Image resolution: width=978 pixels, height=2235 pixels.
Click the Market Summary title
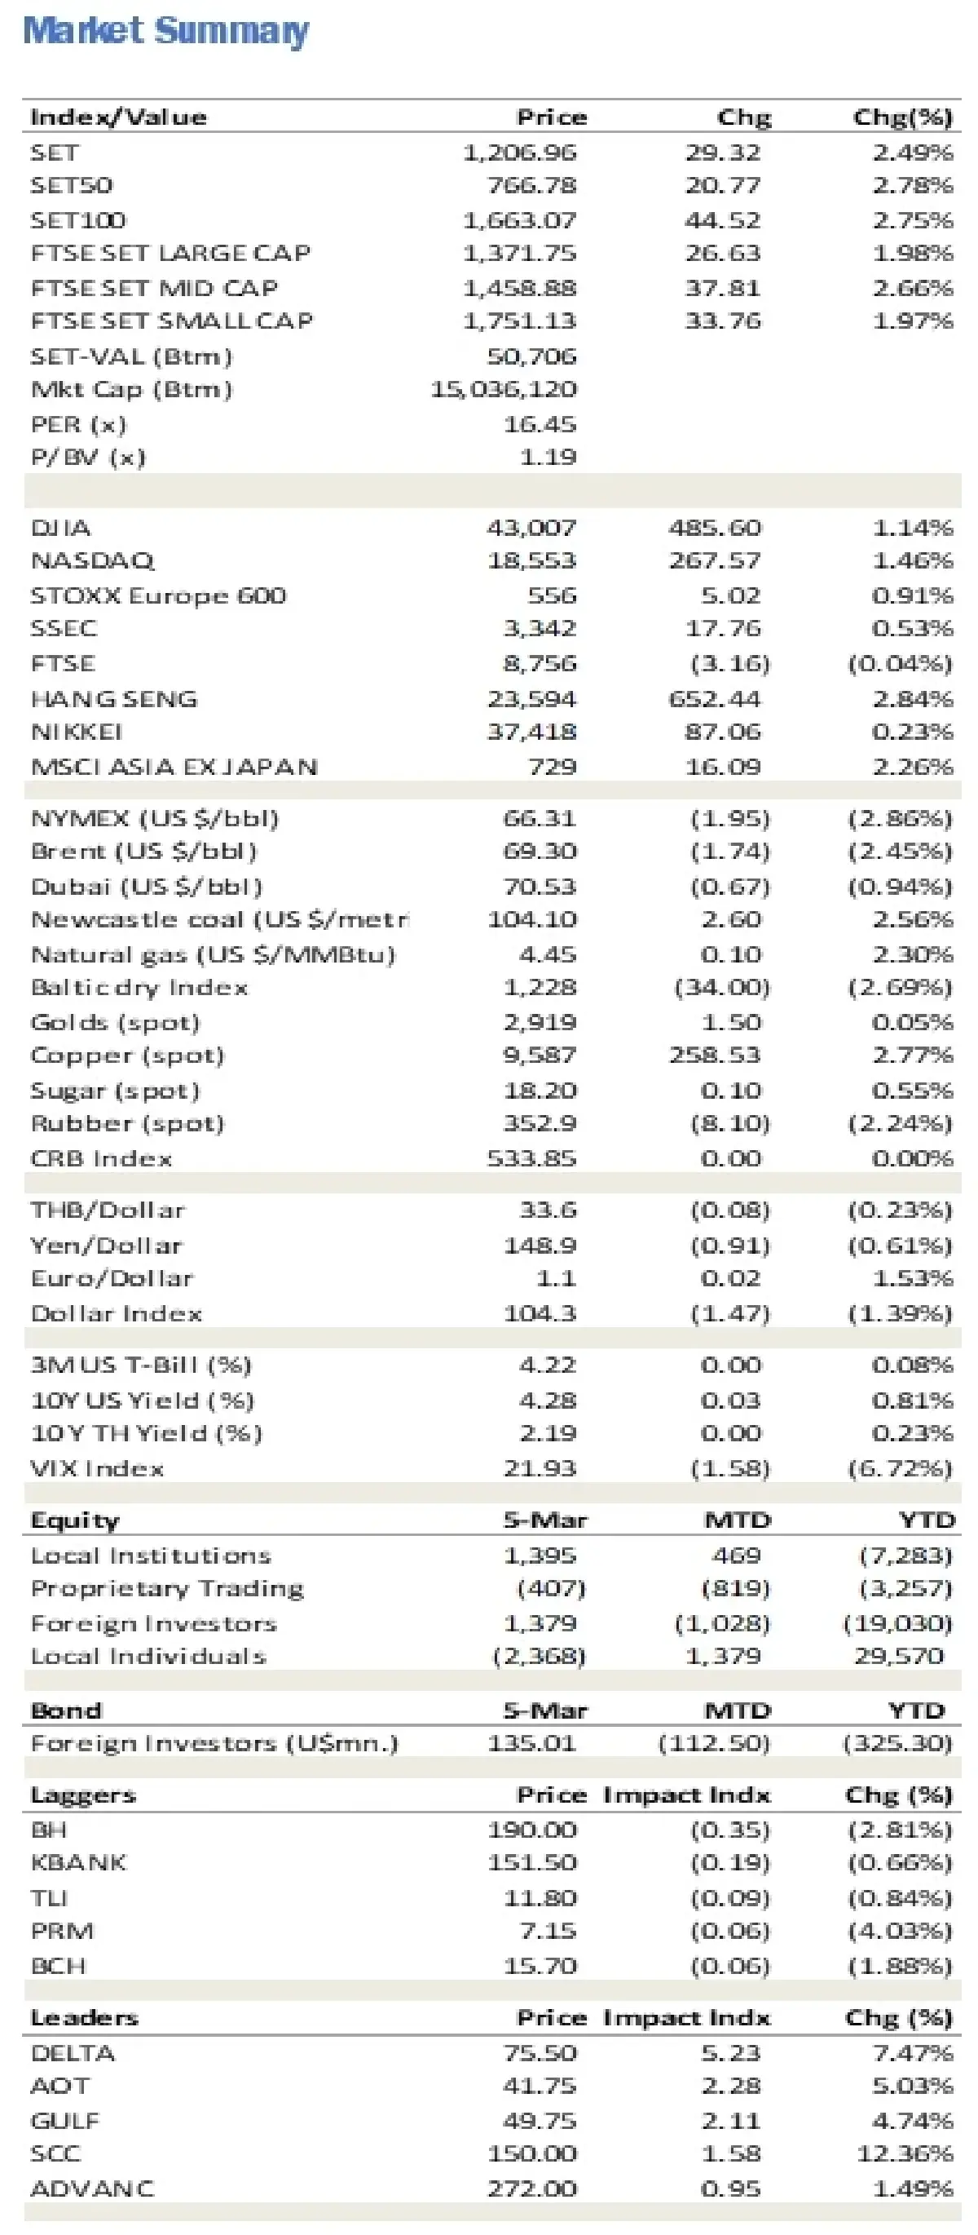pos(165,30)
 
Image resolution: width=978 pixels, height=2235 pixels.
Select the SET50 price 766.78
pos(531,186)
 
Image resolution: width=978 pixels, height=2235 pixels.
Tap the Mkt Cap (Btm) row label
pos(131,390)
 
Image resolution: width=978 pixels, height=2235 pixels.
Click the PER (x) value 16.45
pos(540,424)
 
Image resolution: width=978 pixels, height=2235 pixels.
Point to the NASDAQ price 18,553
pos(531,561)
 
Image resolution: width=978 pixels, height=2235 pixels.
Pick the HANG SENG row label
pos(113,699)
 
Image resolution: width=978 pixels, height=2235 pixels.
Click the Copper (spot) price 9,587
pos(540,1056)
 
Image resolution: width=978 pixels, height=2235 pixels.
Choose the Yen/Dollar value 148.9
pos(540,1246)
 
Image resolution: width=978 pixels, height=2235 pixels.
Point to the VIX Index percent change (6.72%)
pos(900,1469)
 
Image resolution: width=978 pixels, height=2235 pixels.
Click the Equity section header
pos(74,1520)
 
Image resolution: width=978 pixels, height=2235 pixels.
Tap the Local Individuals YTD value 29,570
pos(899,1657)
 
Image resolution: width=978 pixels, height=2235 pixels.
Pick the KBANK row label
pos(78,1863)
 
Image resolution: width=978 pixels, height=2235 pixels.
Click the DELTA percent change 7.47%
pos(912,2054)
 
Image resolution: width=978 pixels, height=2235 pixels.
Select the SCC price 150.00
pos(531,2154)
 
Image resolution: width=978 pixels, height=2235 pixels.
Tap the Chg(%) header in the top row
pos(902,117)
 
